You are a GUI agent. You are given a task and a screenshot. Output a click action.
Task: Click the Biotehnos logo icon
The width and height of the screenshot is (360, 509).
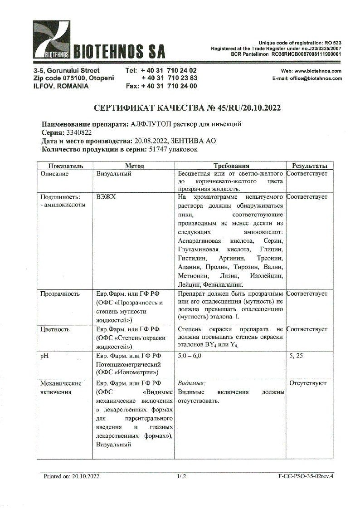[51, 40]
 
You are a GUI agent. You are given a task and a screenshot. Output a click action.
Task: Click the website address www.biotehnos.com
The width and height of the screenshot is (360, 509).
[317, 71]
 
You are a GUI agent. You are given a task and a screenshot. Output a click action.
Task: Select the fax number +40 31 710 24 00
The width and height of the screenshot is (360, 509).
[169, 86]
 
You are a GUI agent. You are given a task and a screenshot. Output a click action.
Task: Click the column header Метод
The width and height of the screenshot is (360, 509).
[134, 166]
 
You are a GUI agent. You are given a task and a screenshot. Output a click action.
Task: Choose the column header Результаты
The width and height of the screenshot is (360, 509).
[309, 166]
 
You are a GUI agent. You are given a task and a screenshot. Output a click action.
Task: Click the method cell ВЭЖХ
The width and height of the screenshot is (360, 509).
[106, 197]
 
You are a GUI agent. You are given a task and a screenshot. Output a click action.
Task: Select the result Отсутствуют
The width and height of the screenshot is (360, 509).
[307, 383]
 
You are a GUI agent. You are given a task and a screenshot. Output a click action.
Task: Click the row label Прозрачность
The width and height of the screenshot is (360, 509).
[60, 294]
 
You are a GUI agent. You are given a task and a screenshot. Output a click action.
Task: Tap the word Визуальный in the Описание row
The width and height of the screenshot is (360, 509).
[114, 174]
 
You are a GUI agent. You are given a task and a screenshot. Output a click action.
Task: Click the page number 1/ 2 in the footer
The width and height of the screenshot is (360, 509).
[182, 476]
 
